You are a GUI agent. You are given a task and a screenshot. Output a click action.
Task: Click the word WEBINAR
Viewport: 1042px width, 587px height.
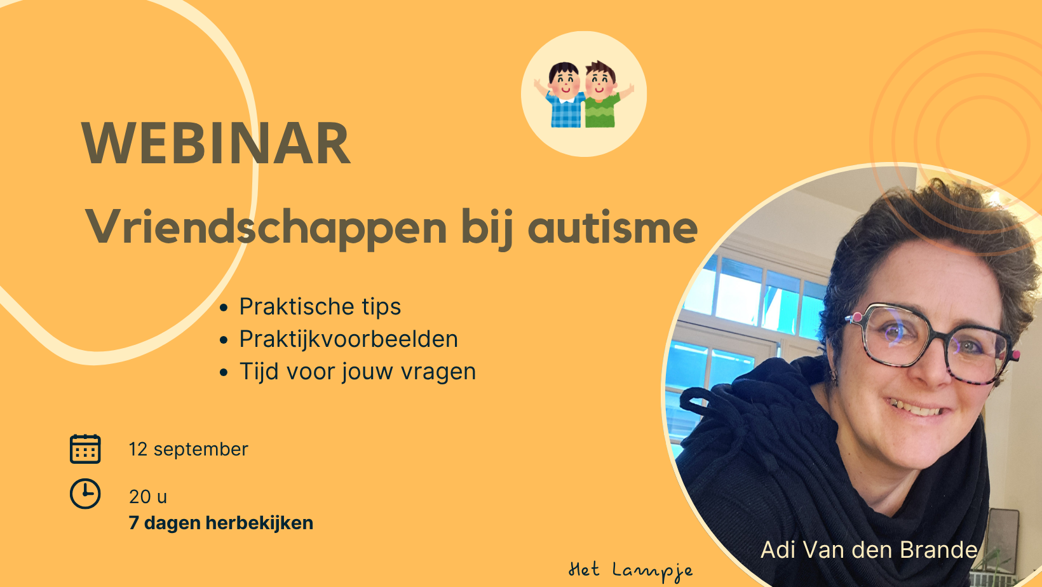coord(216,143)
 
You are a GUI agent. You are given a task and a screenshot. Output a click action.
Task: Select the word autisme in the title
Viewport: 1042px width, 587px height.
coord(612,227)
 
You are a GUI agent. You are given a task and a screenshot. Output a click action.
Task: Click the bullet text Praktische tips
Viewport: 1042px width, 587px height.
coord(320,307)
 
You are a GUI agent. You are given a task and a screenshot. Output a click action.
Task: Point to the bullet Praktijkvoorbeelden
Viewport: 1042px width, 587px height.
coord(348,339)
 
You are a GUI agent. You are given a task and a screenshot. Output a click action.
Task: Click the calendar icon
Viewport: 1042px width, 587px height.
coord(85,449)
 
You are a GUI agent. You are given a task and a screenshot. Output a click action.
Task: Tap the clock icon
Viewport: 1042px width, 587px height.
coord(85,494)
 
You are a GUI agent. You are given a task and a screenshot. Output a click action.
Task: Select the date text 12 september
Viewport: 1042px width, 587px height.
coord(189,449)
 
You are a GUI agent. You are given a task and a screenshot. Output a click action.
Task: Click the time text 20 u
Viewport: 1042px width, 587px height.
coord(148,497)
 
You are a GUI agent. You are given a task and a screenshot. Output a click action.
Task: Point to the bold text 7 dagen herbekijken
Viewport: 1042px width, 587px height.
coord(221,523)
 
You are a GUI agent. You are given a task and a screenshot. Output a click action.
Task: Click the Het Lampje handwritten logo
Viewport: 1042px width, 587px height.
coord(631,570)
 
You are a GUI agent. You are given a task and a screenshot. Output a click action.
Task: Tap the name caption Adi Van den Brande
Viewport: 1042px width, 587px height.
coord(869,550)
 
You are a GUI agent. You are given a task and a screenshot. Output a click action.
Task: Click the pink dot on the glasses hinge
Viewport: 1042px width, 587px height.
coord(857,317)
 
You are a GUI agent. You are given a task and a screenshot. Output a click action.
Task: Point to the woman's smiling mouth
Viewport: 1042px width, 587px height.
coord(912,408)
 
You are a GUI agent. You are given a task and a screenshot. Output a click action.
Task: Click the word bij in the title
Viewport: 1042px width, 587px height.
coord(487,229)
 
